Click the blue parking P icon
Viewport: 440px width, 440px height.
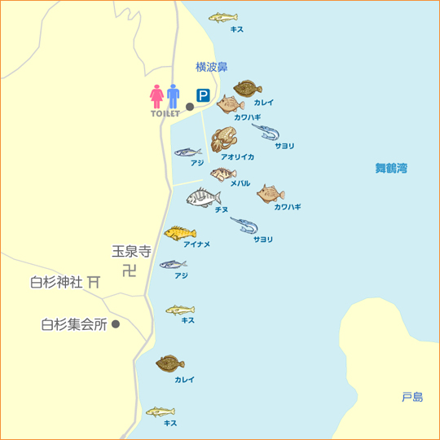point(203,96)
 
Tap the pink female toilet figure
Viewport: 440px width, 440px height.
point(156,96)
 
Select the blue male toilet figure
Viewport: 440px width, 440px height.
point(173,96)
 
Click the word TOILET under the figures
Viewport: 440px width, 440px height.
point(165,114)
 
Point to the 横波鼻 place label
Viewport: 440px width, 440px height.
point(212,67)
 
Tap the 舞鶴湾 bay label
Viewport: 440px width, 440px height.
point(391,169)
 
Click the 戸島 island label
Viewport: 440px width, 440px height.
point(412,397)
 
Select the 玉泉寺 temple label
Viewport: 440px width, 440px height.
point(131,253)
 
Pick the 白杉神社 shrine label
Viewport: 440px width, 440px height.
point(56,283)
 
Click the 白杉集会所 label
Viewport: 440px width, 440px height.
point(74,323)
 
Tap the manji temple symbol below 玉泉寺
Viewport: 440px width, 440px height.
point(130,271)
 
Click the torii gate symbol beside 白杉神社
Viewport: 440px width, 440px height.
point(95,282)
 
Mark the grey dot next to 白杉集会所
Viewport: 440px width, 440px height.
point(116,323)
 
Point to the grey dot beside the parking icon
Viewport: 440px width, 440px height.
point(190,106)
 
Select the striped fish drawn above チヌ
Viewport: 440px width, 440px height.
point(203,197)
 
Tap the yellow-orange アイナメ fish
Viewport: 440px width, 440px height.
point(180,233)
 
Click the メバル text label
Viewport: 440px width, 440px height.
point(240,184)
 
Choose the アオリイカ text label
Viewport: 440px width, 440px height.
point(238,156)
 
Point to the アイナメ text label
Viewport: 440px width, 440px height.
point(196,244)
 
